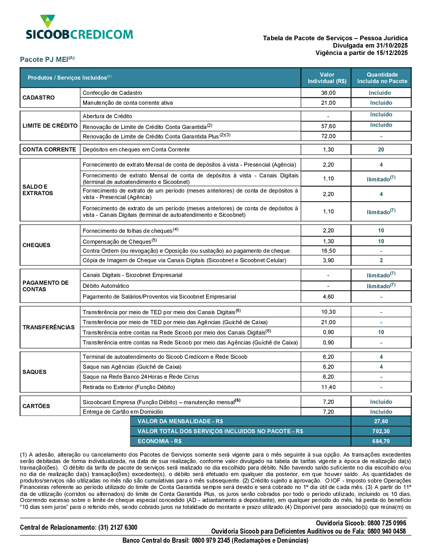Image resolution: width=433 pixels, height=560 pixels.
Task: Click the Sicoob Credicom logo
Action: [x=79, y=28]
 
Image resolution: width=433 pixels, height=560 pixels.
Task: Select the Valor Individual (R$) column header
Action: [x=327, y=78]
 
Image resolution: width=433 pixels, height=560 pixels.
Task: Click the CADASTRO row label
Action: [x=39, y=98]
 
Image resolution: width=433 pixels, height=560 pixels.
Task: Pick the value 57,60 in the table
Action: [x=328, y=126]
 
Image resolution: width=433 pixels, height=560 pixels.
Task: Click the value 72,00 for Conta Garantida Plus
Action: [x=328, y=136]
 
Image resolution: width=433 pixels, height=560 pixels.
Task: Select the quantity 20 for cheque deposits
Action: [x=381, y=150]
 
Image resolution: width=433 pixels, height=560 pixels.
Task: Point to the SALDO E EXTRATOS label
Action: [x=38, y=190]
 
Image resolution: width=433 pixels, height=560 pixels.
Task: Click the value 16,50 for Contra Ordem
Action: [x=328, y=251]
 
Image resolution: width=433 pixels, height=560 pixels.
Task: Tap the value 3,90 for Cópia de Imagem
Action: [x=328, y=261]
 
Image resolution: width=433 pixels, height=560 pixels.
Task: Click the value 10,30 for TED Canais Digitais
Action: [x=328, y=312]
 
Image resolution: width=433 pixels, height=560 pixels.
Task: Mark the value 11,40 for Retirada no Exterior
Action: [x=328, y=387]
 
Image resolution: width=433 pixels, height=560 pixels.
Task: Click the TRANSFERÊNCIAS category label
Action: [x=48, y=328]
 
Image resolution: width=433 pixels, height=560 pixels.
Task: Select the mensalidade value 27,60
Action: [x=381, y=422]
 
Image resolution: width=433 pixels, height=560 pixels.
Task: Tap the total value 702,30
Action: [x=381, y=431]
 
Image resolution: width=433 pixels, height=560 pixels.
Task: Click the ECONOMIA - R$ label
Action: [x=159, y=441]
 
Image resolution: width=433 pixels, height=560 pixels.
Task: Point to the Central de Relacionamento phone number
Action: [x=118, y=528]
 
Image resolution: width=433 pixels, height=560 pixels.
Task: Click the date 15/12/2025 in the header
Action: [x=392, y=53]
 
